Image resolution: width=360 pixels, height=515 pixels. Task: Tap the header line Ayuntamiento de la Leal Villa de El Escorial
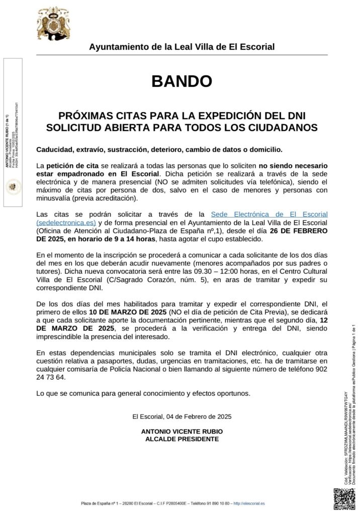tap(182, 47)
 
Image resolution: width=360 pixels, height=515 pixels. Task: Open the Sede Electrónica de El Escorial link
tap(269, 215)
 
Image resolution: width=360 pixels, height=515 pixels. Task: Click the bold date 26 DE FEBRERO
tap(295, 231)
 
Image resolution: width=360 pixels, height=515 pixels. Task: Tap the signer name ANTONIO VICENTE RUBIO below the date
tap(182, 432)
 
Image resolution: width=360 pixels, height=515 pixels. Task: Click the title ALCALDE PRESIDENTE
tap(182, 439)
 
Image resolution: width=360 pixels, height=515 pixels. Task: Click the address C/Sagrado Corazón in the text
tap(132, 280)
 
